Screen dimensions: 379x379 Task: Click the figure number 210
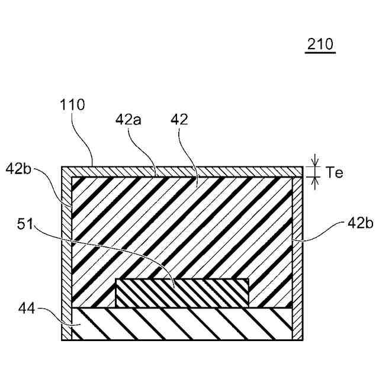[x=320, y=44]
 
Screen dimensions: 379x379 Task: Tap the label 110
[x=73, y=105]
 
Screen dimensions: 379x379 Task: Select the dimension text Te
[x=334, y=172]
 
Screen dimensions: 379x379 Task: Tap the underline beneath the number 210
[x=320, y=53]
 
